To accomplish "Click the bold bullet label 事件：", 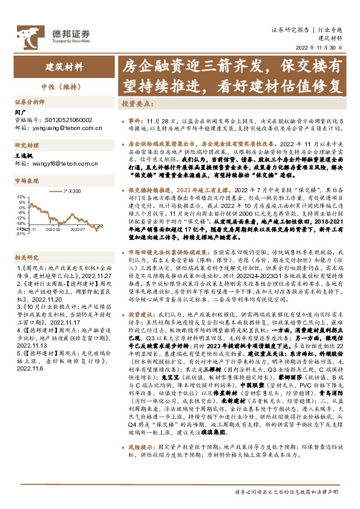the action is (137, 121).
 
